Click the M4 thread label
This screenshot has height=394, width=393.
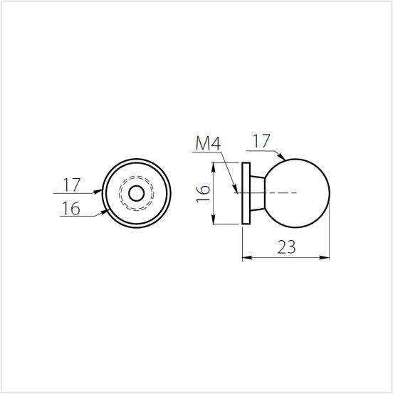click(x=208, y=143)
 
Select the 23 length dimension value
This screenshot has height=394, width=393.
click(x=286, y=247)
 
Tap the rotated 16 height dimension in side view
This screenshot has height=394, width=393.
click(x=203, y=193)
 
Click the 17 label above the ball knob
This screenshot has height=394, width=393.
click(x=261, y=141)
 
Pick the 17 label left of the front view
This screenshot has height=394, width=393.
click(x=72, y=185)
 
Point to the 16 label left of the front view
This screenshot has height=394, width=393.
click(x=71, y=208)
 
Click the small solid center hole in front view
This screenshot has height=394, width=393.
click(x=136, y=194)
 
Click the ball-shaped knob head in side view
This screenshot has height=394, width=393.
click(x=296, y=193)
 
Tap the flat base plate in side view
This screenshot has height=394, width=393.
click(x=246, y=193)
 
